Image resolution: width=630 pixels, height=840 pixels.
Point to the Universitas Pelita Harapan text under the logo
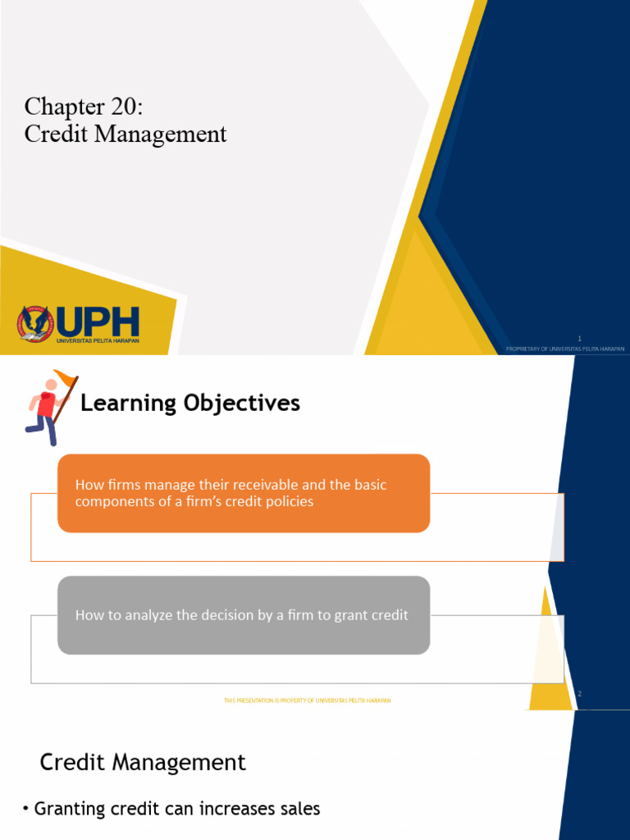coord(98,340)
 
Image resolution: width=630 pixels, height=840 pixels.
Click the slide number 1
coord(579,338)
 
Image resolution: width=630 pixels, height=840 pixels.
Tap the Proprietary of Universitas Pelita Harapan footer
coord(565,349)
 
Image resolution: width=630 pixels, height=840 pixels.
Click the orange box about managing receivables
coord(244,493)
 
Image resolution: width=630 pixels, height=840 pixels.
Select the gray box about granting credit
coord(244,614)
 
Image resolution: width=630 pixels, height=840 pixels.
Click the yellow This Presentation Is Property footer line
coord(307,700)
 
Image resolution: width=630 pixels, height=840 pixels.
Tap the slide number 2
coord(579,694)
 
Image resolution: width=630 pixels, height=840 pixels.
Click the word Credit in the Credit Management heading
coord(71,762)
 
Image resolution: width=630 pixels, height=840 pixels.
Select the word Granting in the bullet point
coord(70,809)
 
